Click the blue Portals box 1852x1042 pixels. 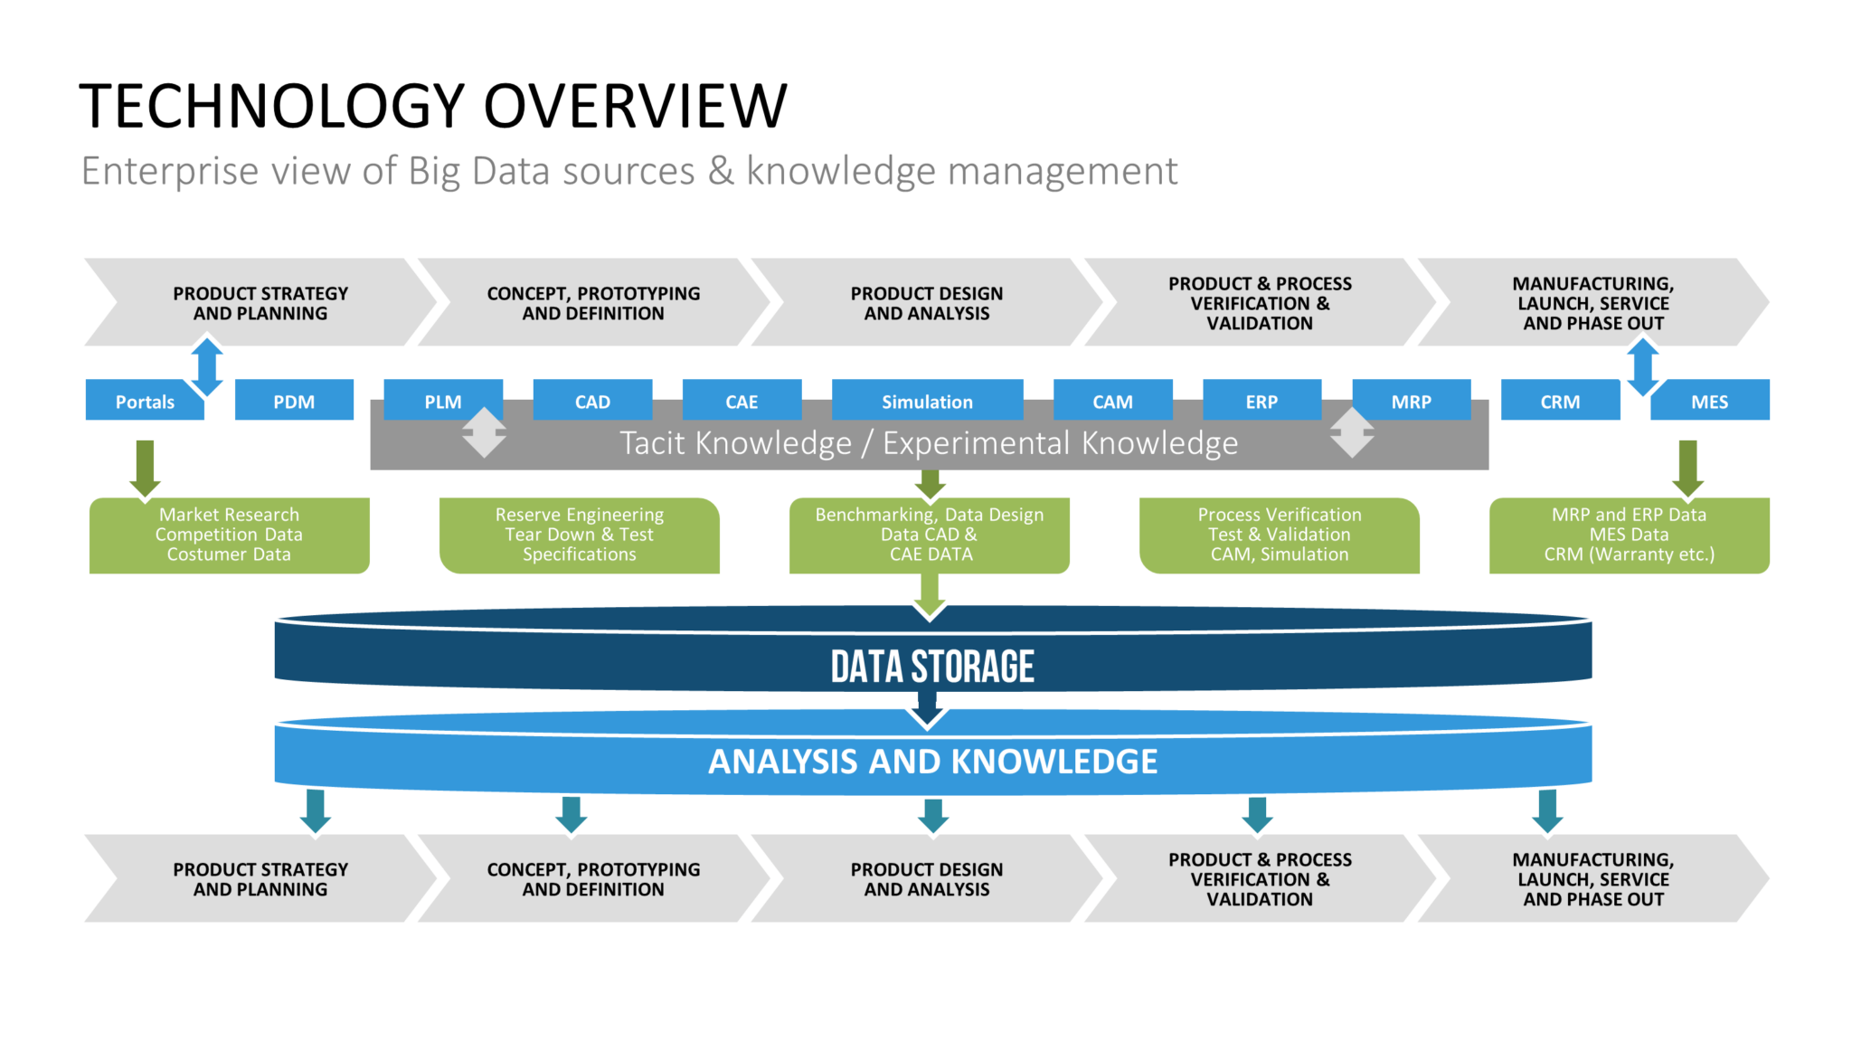145,400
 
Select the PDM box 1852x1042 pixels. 294,400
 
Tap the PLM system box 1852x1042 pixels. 443,400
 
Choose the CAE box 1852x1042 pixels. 742,400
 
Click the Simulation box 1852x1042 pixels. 927,400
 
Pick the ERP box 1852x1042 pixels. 1261,400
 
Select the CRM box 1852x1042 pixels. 1560,400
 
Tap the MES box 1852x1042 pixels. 1709,400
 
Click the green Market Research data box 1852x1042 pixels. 229,535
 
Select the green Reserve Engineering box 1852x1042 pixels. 580,535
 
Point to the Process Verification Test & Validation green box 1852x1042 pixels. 1280,535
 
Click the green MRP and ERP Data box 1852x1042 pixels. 1630,535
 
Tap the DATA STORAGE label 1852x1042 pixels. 932,667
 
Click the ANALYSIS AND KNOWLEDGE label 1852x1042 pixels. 932,762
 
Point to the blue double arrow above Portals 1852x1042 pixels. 207,366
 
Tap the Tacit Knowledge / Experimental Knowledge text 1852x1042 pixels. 929,443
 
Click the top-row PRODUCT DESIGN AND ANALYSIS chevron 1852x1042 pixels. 927,302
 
